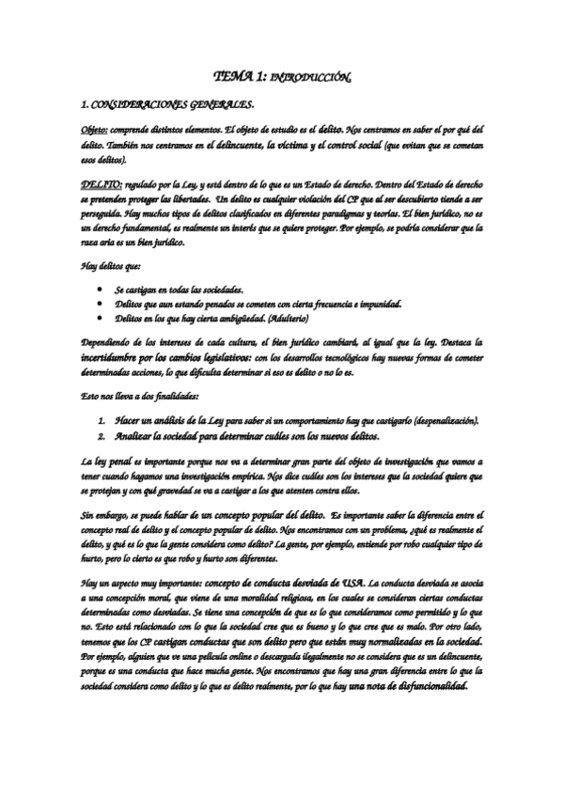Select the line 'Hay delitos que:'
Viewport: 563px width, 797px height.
110,267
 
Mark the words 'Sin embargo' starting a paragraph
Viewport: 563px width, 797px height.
105,516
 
